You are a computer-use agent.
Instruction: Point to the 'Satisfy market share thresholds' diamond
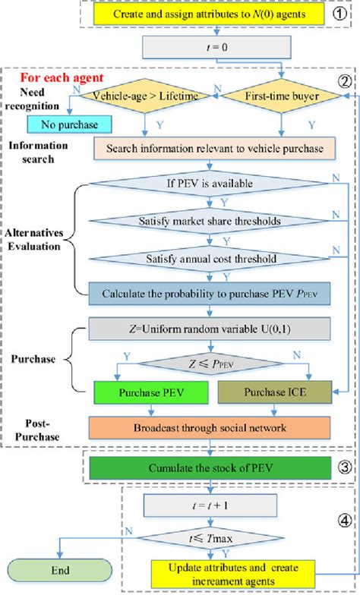[x=215, y=222]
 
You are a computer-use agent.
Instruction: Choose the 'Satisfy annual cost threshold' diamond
[x=215, y=258]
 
